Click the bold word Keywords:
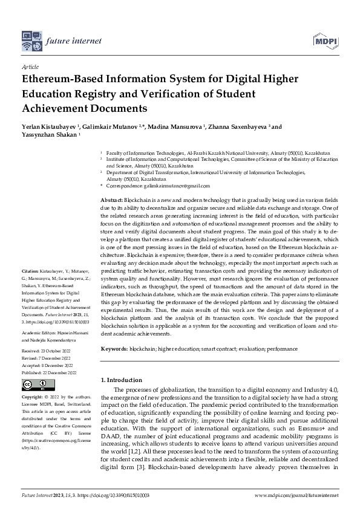pos(114,349)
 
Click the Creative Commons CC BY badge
pos(34,384)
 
